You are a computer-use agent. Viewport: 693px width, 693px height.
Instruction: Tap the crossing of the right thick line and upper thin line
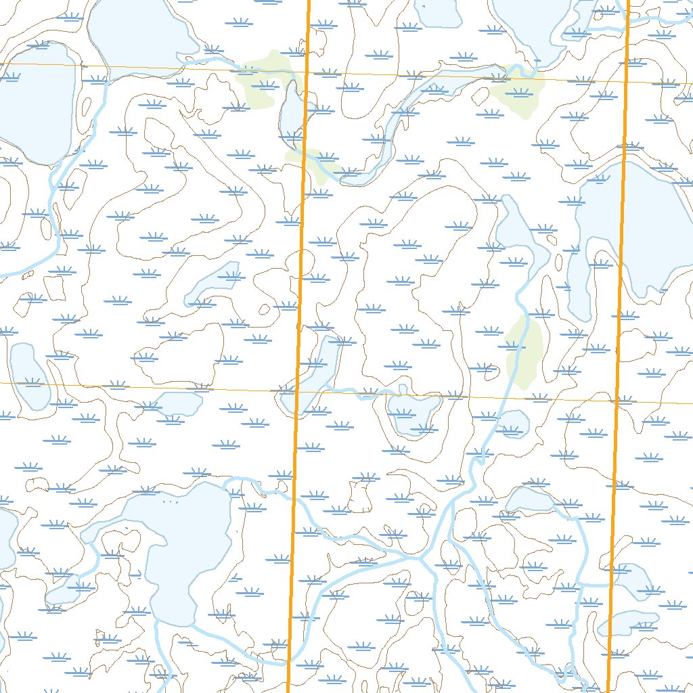coord(626,80)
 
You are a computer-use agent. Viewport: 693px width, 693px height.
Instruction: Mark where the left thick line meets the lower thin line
coord(297,390)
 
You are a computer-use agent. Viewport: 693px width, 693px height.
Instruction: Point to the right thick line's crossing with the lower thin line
coord(616,401)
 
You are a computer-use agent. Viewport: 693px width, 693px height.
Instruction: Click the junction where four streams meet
coord(421,559)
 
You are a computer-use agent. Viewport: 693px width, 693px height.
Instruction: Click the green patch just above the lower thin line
coord(525,352)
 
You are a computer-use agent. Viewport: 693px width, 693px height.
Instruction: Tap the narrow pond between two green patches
coord(290,112)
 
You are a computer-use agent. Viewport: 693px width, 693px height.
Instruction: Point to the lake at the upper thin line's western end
coord(34,102)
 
